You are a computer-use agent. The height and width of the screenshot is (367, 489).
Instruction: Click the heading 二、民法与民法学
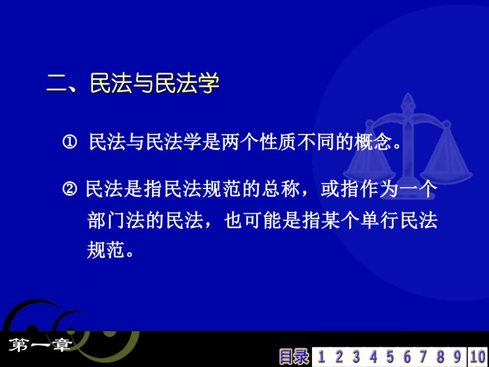(133, 84)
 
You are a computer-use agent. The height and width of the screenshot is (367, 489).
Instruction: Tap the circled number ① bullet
(70, 143)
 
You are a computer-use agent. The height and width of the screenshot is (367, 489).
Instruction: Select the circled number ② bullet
(70, 189)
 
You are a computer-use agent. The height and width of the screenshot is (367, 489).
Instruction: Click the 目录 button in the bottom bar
(294, 357)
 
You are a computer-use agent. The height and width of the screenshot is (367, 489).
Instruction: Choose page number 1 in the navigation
(321, 357)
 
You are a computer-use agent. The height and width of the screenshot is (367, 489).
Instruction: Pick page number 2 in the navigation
(339, 357)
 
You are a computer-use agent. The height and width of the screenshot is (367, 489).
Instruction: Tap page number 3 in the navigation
(356, 357)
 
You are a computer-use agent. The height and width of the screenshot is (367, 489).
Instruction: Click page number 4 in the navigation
(373, 357)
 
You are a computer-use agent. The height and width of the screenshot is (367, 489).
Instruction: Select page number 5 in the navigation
(390, 357)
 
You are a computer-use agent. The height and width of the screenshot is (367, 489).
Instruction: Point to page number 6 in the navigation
(407, 357)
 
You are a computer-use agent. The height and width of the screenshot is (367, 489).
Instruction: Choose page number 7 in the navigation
(423, 357)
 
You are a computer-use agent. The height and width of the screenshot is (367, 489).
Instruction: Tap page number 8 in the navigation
(440, 357)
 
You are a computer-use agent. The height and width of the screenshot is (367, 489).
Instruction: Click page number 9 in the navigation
(457, 357)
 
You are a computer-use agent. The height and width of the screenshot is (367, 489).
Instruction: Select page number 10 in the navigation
(478, 357)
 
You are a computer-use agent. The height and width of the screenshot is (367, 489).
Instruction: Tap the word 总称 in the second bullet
(281, 189)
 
